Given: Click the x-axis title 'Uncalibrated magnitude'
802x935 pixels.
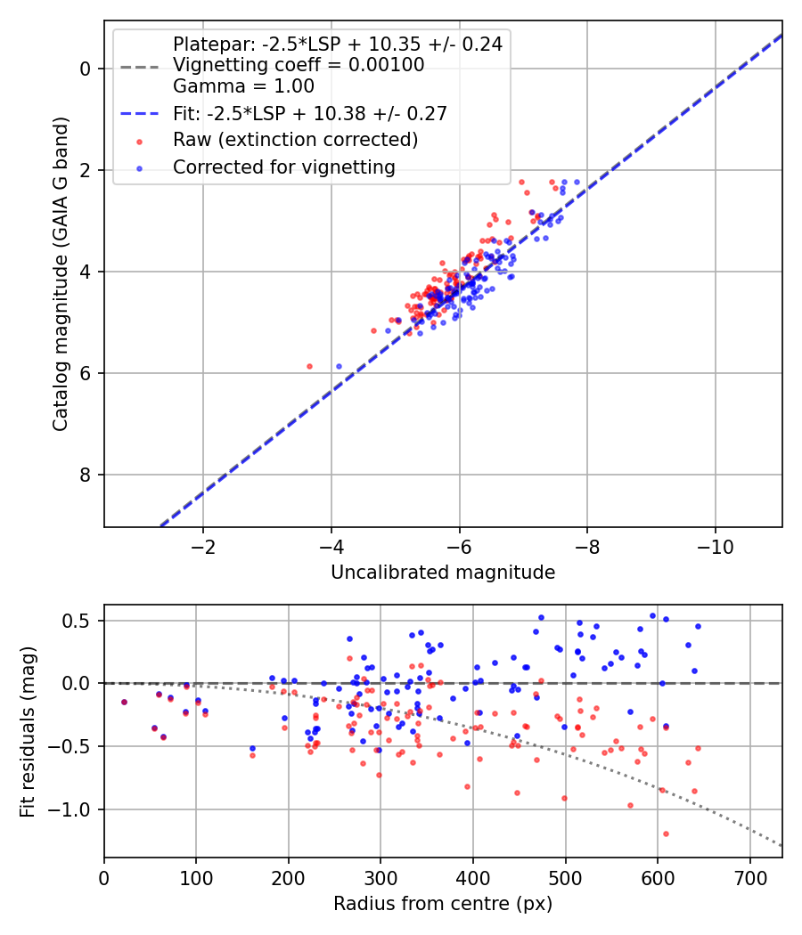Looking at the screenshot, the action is tap(443, 573).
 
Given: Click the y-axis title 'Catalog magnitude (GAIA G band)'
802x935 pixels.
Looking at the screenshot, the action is tap(61, 274).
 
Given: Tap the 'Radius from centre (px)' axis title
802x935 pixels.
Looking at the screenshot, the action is tap(443, 904).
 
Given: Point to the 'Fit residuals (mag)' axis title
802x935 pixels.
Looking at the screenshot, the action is tap(28, 732).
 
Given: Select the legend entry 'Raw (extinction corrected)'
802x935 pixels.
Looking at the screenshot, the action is tap(295, 140).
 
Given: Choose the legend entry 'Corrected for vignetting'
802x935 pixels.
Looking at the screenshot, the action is tap(284, 167).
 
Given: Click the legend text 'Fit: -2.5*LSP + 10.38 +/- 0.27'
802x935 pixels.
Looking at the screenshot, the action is tap(310, 113).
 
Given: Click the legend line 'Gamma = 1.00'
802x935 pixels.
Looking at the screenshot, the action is tap(243, 86).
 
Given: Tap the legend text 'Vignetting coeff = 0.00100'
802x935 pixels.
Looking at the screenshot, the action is tap(299, 65).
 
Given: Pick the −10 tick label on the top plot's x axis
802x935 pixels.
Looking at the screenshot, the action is tap(716, 547).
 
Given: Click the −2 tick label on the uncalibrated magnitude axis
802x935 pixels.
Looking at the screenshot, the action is tap(203, 547).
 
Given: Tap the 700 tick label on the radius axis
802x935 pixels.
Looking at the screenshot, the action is tap(750, 878).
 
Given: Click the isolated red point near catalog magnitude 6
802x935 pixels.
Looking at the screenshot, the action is tap(309, 366).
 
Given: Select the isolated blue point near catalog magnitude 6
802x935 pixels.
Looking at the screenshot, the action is tap(339, 366).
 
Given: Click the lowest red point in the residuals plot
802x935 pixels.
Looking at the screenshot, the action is tap(666, 833).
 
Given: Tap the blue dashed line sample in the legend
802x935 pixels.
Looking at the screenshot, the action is tap(140, 113).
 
